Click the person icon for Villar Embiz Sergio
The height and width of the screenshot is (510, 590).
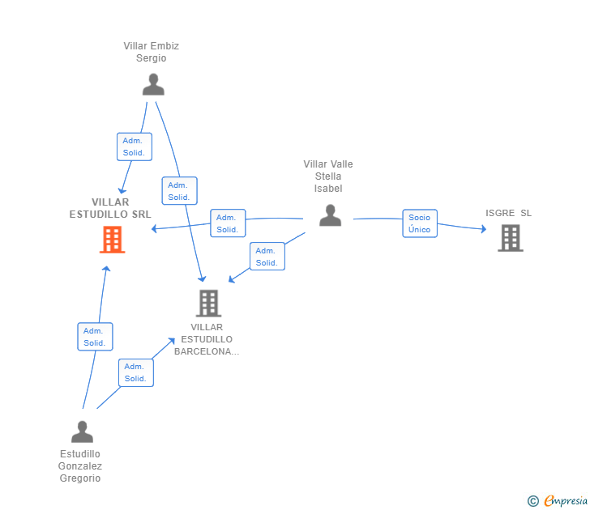point(152,84)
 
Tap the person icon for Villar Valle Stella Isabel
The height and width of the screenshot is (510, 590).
point(330,215)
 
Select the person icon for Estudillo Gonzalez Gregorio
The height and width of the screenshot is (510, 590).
point(82,431)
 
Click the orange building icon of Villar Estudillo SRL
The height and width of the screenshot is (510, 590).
point(112,240)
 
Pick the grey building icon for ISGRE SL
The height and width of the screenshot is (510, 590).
point(510,238)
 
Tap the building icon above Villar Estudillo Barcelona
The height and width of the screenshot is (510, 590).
point(208,303)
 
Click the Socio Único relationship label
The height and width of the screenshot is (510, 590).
point(420,223)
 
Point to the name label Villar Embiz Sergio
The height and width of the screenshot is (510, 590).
point(151,52)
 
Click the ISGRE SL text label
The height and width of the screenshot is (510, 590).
point(509,213)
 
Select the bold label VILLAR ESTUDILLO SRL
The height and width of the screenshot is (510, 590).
point(110,208)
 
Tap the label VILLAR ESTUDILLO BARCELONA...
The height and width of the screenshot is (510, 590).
point(207,339)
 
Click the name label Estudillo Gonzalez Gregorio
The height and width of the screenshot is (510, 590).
point(80,465)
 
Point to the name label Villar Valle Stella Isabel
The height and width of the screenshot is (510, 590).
point(328,176)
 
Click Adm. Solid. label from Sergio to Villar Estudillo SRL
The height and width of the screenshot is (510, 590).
point(134,147)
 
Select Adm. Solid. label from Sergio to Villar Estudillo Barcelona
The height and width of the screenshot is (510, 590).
point(179,191)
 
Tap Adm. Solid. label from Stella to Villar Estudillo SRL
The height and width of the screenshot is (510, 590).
point(228,223)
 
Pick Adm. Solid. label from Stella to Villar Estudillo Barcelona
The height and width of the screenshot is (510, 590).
point(267,257)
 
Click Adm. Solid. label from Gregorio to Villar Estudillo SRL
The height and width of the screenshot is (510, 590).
point(95,337)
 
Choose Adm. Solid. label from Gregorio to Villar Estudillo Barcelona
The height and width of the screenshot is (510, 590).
point(135,372)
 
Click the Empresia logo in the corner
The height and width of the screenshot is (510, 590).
point(558,501)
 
